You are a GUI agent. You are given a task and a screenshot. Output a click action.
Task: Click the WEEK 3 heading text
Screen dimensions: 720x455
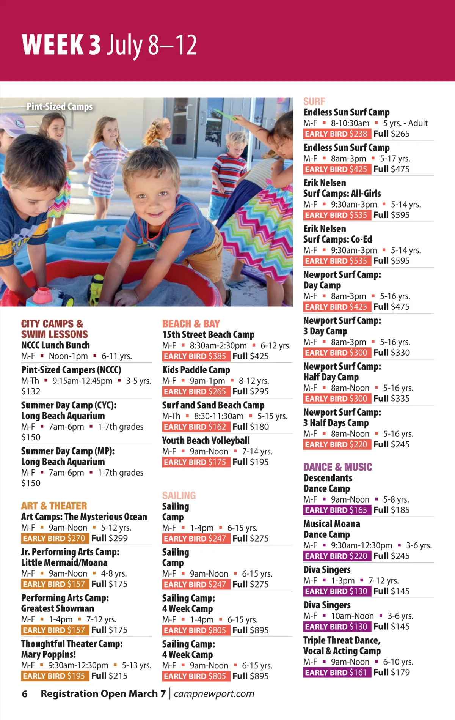61,45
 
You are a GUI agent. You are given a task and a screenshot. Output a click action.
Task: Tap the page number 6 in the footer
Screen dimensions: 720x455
25,694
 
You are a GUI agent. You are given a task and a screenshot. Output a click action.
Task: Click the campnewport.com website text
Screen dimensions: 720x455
214,694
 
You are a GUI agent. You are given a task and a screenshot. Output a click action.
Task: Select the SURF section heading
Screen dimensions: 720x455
314,101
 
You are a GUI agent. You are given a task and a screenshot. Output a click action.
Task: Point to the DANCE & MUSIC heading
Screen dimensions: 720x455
337,467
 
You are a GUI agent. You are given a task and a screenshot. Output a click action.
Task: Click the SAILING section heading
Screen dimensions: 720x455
179,495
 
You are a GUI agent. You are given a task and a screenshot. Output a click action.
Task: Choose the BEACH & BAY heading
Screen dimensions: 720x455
191,324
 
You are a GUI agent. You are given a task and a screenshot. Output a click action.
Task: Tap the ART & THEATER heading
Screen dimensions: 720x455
54,506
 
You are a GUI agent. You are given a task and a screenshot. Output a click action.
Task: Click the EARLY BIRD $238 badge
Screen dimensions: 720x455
336,134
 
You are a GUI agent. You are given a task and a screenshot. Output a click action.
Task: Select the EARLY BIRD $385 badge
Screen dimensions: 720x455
195,356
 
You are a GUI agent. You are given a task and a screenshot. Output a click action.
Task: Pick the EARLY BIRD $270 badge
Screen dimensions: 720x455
54,539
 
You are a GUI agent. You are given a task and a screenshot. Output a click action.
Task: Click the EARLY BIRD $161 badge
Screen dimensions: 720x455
336,673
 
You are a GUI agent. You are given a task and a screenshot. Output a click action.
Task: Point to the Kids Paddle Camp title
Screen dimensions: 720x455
196,370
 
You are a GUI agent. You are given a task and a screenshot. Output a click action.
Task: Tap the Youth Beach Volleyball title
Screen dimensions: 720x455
206,441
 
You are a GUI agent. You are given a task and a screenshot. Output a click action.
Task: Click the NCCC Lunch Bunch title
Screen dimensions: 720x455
55,345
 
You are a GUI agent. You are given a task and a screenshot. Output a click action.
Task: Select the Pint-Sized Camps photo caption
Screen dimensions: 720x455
60,107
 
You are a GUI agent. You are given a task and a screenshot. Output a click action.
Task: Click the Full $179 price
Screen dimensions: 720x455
391,673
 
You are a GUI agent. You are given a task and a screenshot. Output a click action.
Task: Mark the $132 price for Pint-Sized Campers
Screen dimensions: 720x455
31,391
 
